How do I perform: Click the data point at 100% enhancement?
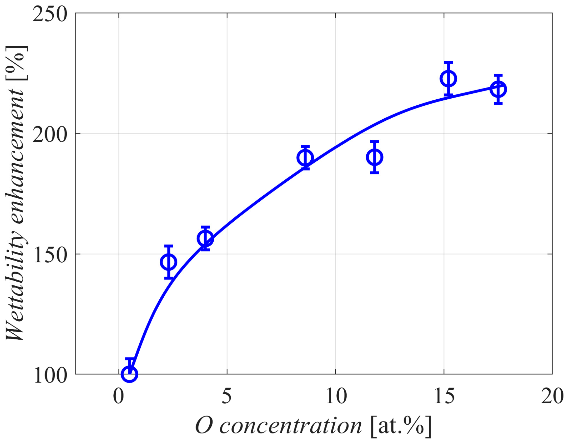[x=129, y=373]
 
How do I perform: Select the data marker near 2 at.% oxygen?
[x=168, y=262]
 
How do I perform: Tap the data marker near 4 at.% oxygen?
[x=205, y=238]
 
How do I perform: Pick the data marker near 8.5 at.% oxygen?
[x=305, y=157]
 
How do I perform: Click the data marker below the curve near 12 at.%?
[x=375, y=157]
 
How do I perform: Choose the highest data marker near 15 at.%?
[x=448, y=79]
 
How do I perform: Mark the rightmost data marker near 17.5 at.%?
[x=498, y=89]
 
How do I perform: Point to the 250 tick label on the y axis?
[x=50, y=14]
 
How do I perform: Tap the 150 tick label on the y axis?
[x=50, y=255]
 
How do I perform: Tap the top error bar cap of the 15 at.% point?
[x=448, y=63]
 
